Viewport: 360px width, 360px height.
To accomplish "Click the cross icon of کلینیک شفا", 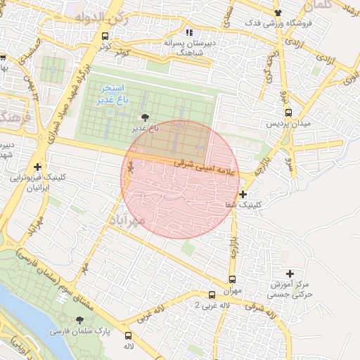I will click(x=243, y=194).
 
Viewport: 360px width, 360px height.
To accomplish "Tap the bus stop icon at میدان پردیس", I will click(x=288, y=112).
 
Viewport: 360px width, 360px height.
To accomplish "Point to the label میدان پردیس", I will click(x=282, y=124).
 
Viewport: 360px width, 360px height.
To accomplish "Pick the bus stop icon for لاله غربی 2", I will click(x=212, y=295).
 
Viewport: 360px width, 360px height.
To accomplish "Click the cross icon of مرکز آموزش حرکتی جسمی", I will click(x=290, y=273).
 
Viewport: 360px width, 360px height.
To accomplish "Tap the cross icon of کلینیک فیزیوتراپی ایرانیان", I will click(x=38, y=167).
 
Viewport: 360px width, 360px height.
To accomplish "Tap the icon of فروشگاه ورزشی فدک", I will click(x=278, y=13).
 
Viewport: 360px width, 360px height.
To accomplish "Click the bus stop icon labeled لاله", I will click(x=128, y=335).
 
